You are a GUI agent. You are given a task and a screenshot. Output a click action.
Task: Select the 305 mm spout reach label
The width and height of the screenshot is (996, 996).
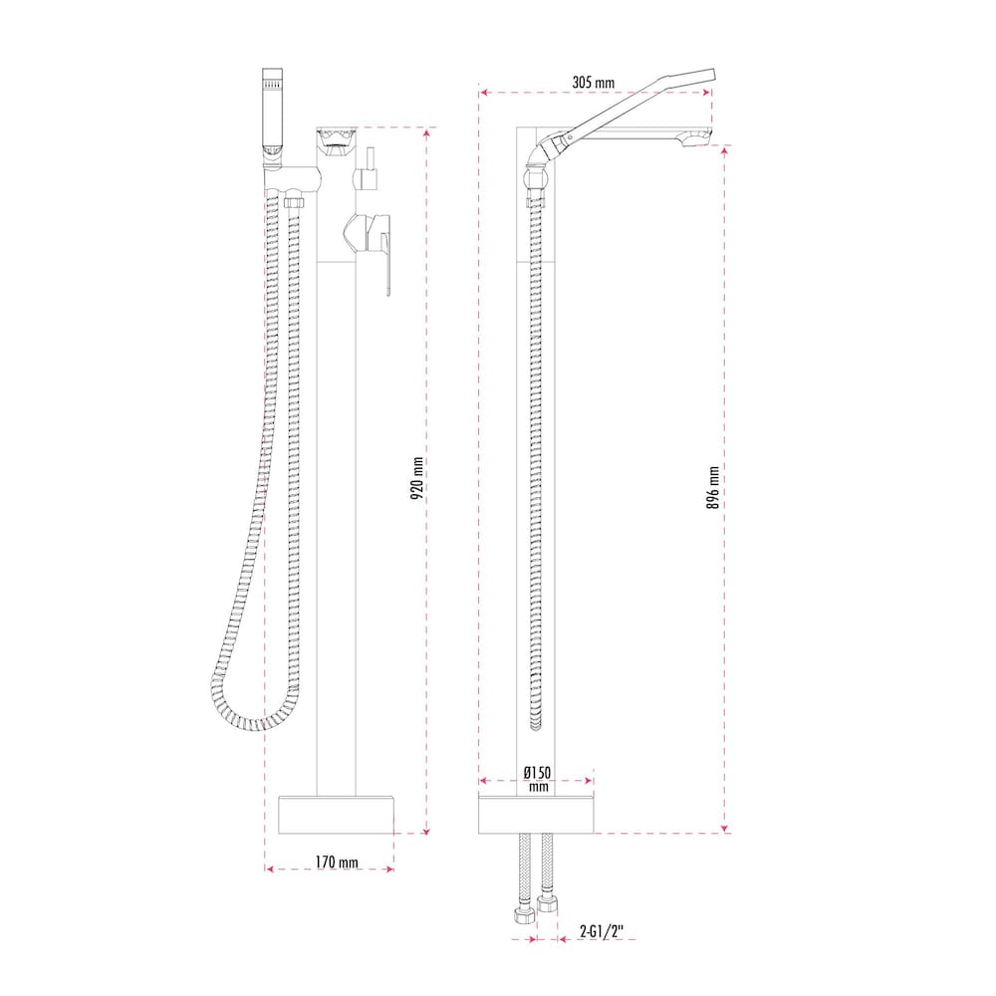click(595, 83)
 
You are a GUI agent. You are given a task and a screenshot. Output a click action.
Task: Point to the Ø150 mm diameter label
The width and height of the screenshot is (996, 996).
click(537, 779)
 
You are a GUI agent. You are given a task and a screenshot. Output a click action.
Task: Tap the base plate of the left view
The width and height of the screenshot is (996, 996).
click(336, 815)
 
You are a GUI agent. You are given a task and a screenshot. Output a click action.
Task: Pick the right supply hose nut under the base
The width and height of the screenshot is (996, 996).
click(547, 905)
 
